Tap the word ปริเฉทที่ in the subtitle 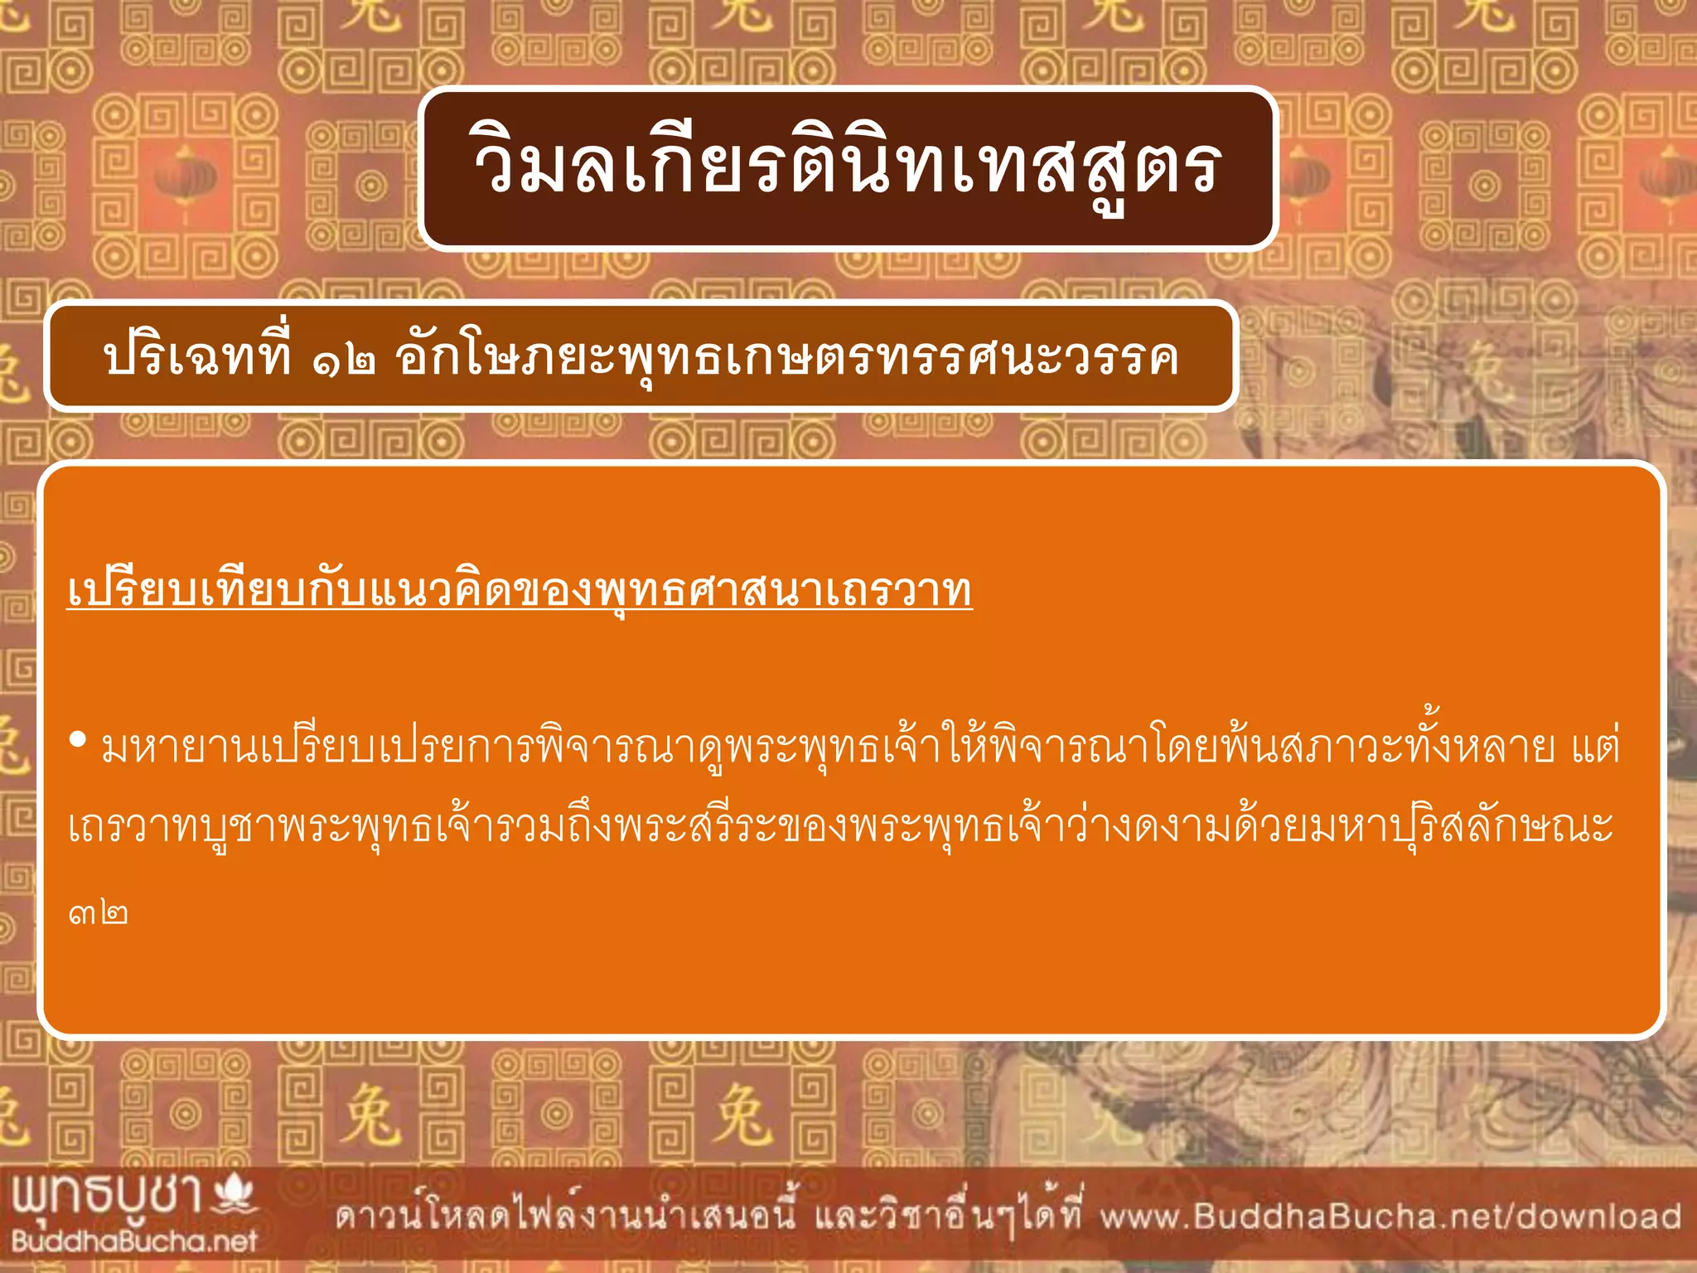pos(197,356)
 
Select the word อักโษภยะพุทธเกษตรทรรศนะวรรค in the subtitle pos(786,359)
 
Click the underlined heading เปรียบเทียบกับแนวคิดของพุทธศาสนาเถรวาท pos(520,591)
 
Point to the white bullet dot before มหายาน pos(79,739)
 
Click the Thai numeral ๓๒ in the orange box pos(99,914)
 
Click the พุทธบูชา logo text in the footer pos(108,1196)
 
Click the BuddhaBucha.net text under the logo pos(134,1241)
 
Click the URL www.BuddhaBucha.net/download pos(1390,1217)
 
